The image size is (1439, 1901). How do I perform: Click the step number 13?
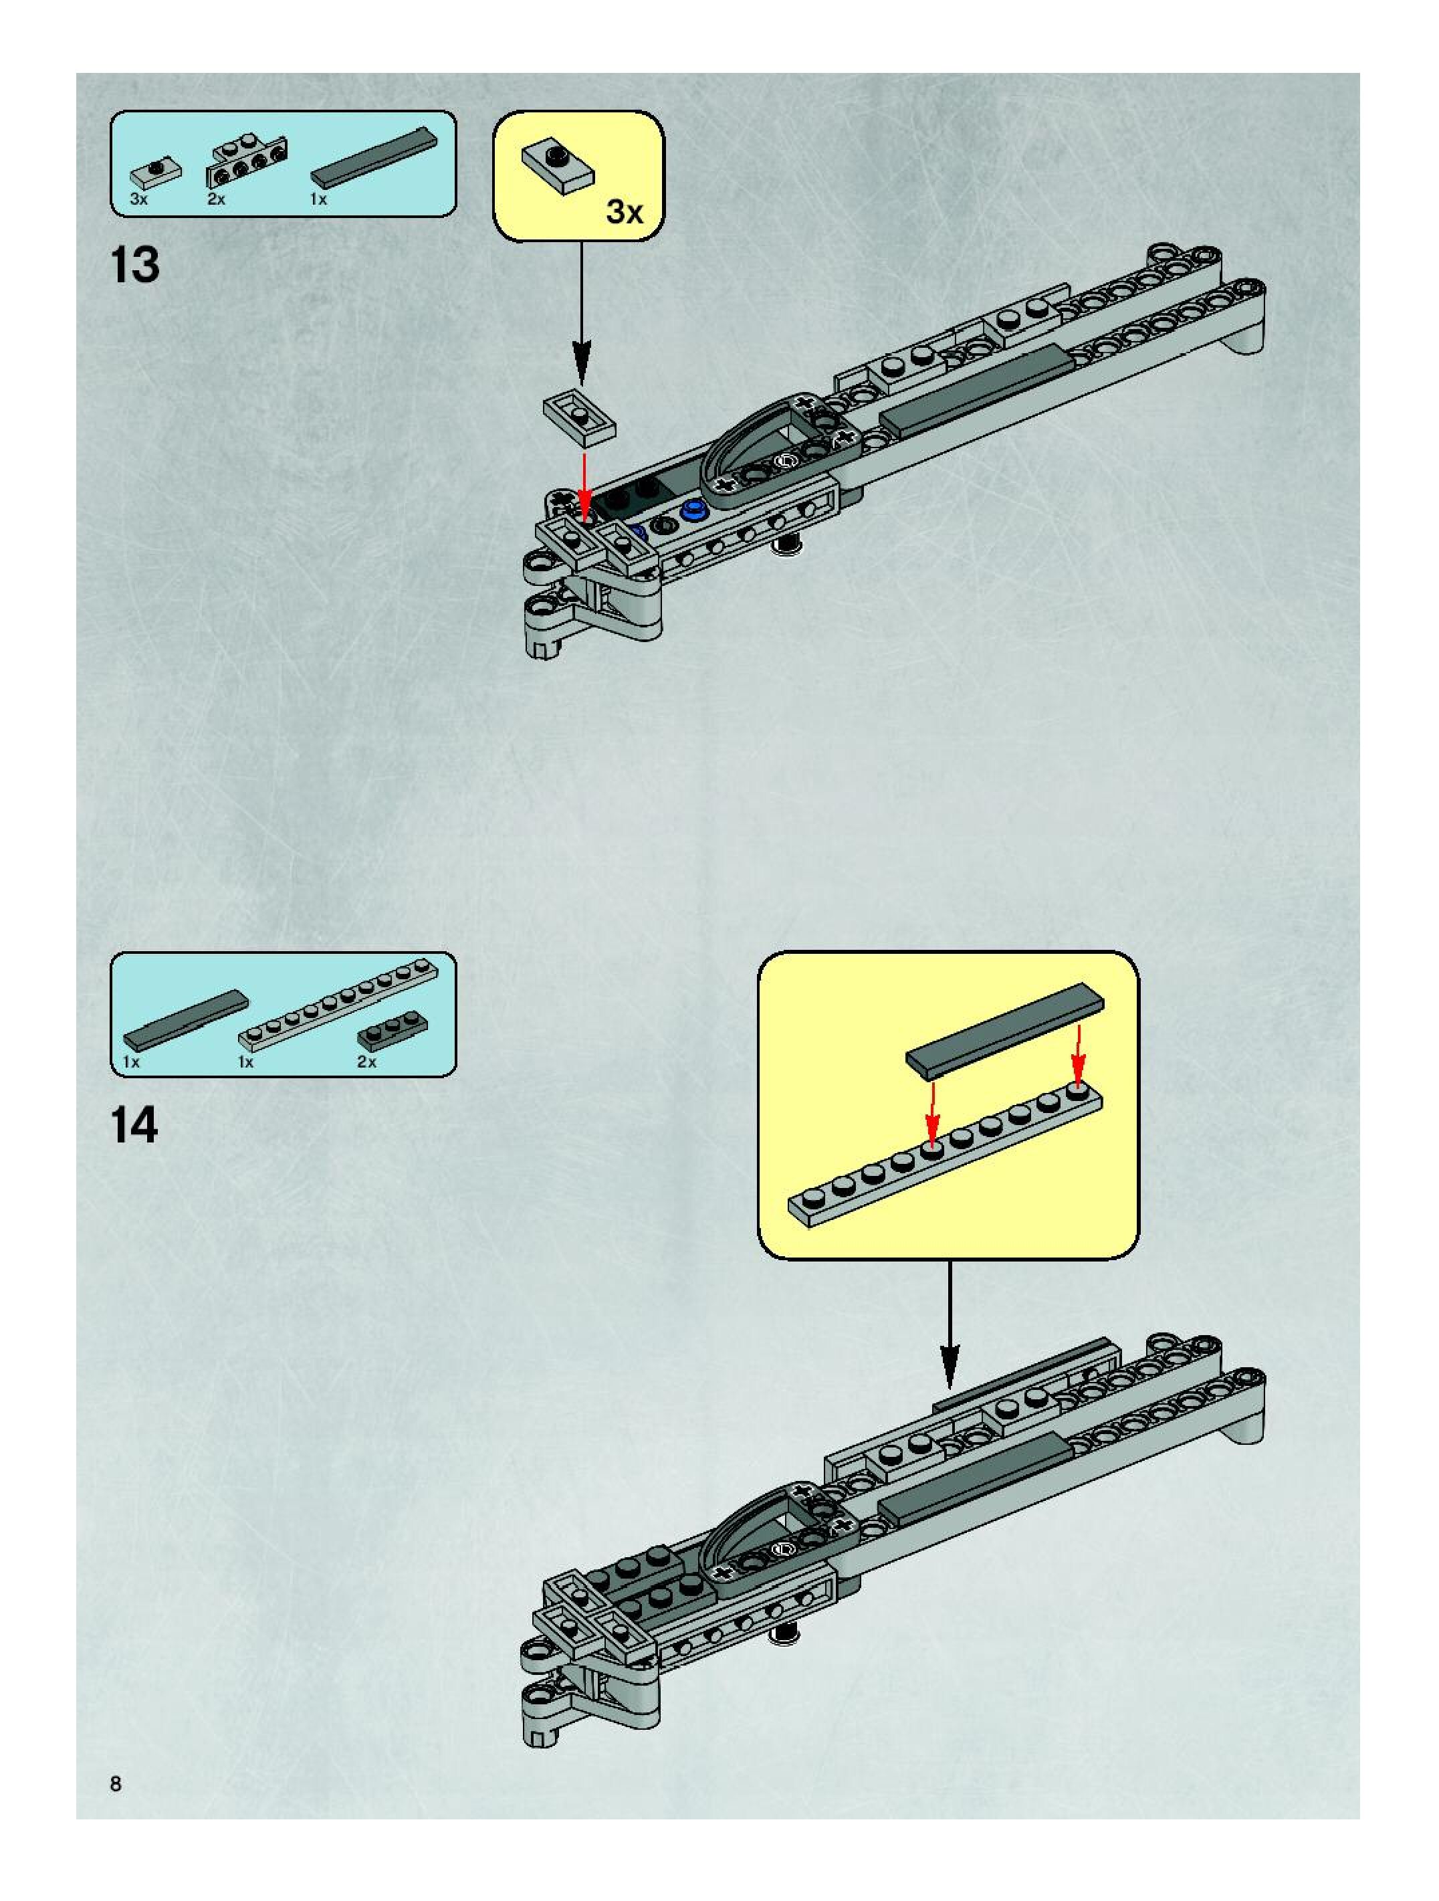click(x=135, y=265)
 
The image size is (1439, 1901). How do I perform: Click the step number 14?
click(x=135, y=1125)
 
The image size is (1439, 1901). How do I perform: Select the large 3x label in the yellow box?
click(x=624, y=211)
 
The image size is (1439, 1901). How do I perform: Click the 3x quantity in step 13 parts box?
click(x=139, y=199)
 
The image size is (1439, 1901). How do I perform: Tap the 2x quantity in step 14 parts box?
click(x=367, y=1062)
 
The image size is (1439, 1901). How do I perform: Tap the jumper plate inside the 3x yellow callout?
click(x=557, y=166)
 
